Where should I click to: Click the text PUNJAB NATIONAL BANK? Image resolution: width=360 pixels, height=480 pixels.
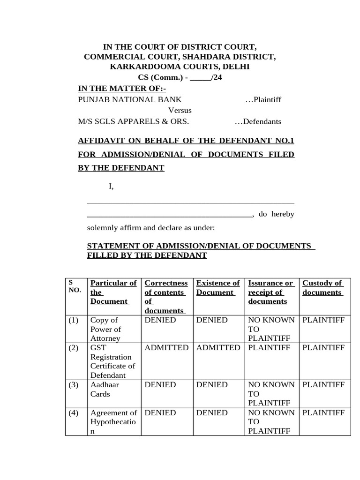coord(130,99)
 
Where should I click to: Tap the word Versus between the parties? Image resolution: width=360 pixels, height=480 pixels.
coord(180,111)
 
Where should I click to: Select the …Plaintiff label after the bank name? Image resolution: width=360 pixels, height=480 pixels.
coord(263,99)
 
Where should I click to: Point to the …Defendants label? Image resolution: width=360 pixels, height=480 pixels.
coord(258,121)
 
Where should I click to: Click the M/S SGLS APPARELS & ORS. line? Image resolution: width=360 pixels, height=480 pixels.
coord(134,121)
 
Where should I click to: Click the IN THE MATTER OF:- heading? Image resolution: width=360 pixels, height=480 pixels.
coord(122,89)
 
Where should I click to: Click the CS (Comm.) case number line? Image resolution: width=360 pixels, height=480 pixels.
coord(180,78)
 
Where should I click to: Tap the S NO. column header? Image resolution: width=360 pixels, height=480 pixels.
coord(75,286)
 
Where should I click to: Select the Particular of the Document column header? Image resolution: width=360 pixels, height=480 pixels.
coord(113,292)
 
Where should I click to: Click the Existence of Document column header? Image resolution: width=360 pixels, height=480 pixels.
coord(218,287)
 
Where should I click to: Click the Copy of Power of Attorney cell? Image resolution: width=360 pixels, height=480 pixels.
coord(106,329)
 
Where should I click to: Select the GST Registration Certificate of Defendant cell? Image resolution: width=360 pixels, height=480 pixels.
coord(112,361)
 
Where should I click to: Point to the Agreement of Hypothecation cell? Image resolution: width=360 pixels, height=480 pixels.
coord(113,422)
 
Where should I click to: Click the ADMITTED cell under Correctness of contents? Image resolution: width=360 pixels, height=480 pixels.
coord(166,347)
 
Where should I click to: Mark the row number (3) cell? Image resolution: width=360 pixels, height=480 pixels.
coord(74,385)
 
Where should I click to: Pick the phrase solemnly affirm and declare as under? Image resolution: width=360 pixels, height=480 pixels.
coord(151,228)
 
